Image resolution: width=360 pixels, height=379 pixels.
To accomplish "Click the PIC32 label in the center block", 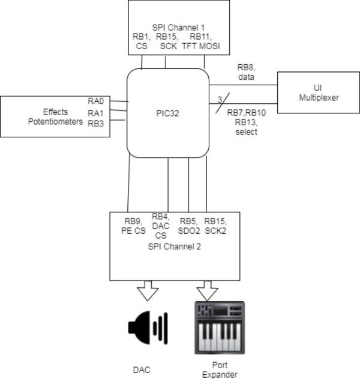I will (x=168, y=112).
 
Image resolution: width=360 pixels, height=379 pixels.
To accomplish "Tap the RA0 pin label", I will (x=96, y=101).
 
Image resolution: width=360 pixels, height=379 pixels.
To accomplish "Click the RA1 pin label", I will (x=96, y=112).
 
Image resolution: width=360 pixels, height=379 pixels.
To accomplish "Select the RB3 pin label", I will (x=96, y=124).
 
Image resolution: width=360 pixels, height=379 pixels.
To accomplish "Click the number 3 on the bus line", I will (x=220, y=99).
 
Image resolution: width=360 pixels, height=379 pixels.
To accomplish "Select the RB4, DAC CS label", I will (x=160, y=226).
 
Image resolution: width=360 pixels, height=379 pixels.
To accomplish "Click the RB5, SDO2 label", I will (x=188, y=225).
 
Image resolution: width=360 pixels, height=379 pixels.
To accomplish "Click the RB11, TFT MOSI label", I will (x=200, y=41).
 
